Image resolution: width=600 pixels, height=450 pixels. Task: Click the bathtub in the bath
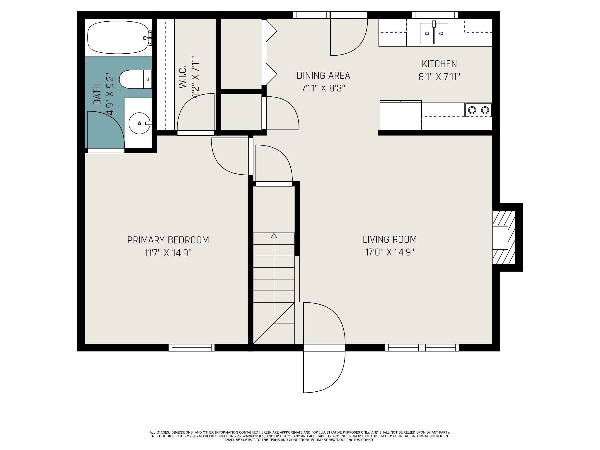(x=118, y=37)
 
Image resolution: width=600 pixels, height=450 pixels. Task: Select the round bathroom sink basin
(x=139, y=123)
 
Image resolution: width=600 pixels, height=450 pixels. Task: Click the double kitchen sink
(x=434, y=33)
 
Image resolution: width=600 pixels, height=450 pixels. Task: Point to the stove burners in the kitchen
(x=478, y=110)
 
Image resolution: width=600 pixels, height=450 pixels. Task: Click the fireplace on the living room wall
(x=503, y=238)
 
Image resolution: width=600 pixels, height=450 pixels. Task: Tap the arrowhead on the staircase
(x=274, y=235)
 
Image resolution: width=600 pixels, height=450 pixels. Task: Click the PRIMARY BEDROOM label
(x=168, y=240)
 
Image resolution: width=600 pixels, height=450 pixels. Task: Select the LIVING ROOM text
(x=390, y=239)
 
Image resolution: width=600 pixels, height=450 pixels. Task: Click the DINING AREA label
(x=323, y=76)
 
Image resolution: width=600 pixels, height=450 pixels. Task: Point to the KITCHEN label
(x=439, y=64)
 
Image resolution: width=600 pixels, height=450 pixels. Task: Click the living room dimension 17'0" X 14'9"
(x=390, y=252)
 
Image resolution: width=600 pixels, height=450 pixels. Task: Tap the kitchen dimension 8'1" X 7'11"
(x=439, y=77)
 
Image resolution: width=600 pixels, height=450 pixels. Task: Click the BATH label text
(x=97, y=94)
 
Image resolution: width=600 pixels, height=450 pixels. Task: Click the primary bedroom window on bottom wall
(x=192, y=347)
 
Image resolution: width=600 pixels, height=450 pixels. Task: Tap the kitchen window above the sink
(x=435, y=15)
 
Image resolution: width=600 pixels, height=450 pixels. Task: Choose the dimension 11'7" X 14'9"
(x=168, y=253)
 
